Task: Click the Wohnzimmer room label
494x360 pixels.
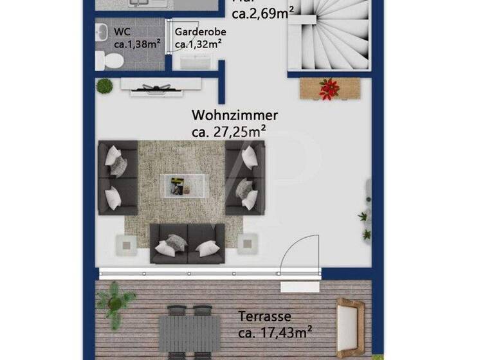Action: (235, 116)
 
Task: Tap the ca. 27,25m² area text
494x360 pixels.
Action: (229, 131)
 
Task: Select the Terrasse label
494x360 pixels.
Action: (265, 317)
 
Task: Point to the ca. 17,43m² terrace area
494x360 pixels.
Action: (275, 332)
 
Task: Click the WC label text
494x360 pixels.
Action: (122, 31)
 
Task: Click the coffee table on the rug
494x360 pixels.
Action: (185, 186)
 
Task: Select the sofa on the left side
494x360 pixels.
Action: (118, 178)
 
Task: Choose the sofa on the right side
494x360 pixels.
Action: (245, 177)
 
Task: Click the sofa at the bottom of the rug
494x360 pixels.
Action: (187, 243)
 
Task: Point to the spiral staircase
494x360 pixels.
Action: (329, 35)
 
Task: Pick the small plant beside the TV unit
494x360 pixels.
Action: (104, 85)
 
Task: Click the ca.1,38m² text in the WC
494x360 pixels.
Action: (137, 44)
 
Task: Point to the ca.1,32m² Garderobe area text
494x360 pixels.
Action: (199, 44)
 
